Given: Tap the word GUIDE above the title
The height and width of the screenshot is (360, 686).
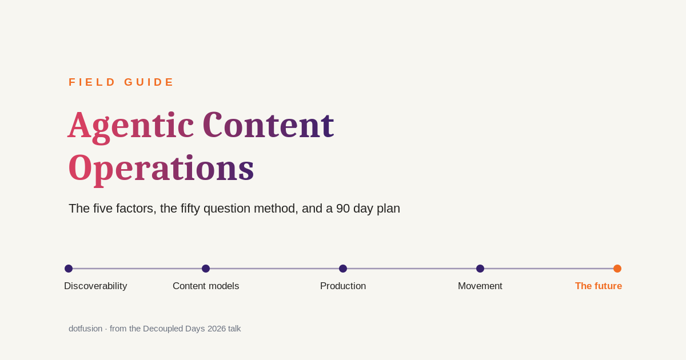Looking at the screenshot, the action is tap(149, 82).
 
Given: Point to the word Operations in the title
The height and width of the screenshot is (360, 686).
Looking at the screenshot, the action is tap(161, 170).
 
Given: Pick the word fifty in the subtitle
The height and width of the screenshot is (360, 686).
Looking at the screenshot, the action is tap(190, 209).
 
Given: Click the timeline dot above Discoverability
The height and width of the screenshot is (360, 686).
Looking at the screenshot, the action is tap(69, 269).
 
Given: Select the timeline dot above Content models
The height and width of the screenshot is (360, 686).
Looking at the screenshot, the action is tap(206, 269).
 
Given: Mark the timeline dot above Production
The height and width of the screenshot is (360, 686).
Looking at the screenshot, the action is tap(343, 269).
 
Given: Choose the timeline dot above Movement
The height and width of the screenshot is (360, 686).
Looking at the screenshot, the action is tap(480, 269).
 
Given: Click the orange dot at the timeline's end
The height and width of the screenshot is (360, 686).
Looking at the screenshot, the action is tap(617, 269).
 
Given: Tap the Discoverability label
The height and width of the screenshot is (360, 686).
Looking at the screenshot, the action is tap(95, 286).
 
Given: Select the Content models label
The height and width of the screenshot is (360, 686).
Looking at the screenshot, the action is tap(206, 286).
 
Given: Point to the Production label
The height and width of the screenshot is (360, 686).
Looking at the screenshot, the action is tap(343, 286).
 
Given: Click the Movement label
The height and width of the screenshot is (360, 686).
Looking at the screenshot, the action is tap(480, 286).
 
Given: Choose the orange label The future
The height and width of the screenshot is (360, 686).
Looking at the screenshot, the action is tap(599, 286).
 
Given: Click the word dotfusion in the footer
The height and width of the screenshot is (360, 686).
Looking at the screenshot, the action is tap(85, 329).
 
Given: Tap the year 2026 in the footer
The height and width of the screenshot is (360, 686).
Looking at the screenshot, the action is tap(217, 329).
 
